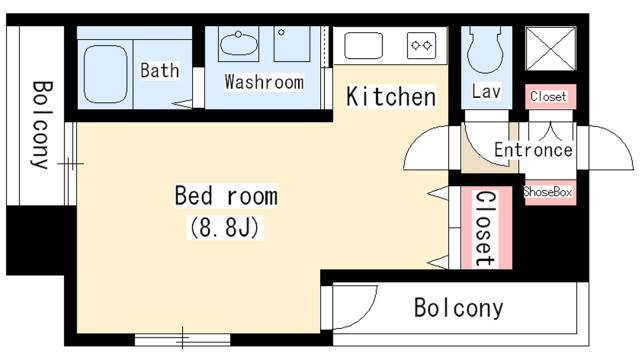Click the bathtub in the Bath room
click(x=105, y=74)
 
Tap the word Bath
click(x=160, y=70)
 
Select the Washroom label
click(x=264, y=82)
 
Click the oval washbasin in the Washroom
click(x=238, y=44)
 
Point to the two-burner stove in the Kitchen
click(x=421, y=45)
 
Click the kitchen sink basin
click(x=363, y=45)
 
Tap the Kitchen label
click(x=391, y=97)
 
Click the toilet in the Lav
click(x=485, y=50)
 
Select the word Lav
click(x=486, y=91)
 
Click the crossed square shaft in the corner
click(x=551, y=49)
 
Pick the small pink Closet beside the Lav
click(x=550, y=97)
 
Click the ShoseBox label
click(x=548, y=191)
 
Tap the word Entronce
click(x=533, y=150)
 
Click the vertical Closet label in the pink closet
click(x=486, y=228)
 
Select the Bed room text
click(x=226, y=196)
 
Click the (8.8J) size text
click(x=224, y=227)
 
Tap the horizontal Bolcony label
click(x=458, y=308)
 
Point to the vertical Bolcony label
click(x=41, y=125)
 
